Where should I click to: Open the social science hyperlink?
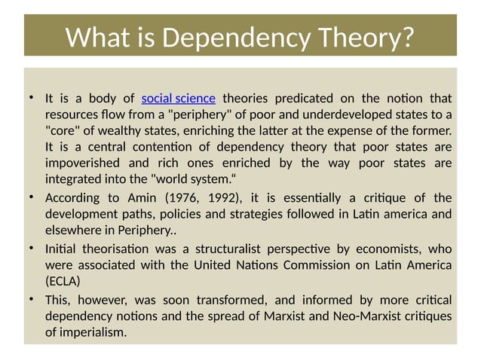tap(179, 98)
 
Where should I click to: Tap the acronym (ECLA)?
tap(64, 282)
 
